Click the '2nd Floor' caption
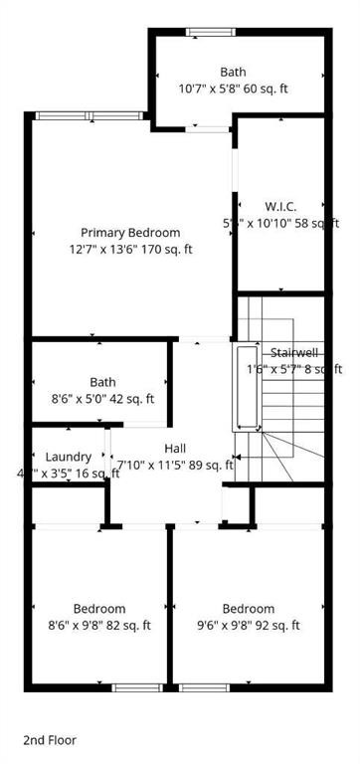coord(50,740)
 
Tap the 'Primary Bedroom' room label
coord(123,232)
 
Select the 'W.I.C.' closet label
coord(280,206)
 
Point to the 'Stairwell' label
coord(294,353)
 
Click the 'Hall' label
coord(175,449)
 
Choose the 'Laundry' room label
coord(69,457)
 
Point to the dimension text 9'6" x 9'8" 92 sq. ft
coord(248,626)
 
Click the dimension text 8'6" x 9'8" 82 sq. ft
coord(99,626)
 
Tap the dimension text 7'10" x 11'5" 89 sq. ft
coord(175,465)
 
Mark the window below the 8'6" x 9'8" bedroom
coord(136,687)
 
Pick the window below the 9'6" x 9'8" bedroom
coord(204,687)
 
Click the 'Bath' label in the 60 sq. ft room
coord(233,72)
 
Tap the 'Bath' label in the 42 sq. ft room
coord(102,382)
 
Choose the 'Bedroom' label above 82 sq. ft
coord(99,609)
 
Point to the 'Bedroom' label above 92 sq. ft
coord(248,609)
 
